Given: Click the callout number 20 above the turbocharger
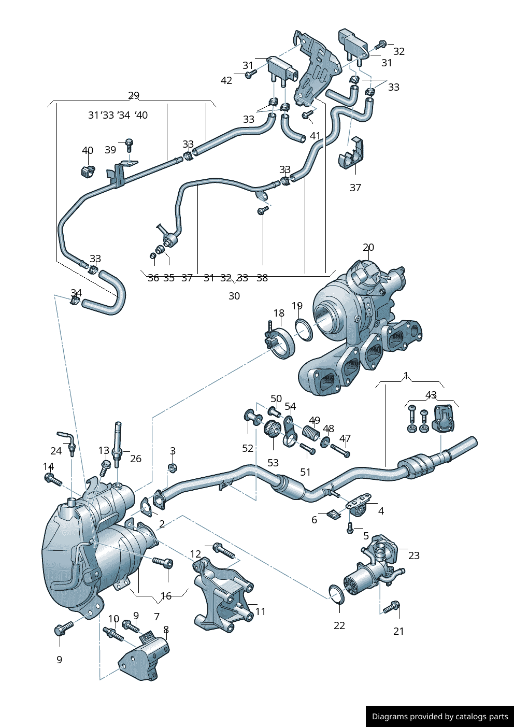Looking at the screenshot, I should click(x=368, y=248).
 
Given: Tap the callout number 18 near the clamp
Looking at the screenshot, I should click(x=279, y=313).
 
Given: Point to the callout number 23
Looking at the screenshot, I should click(x=413, y=555).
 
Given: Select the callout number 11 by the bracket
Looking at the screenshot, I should click(x=260, y=612).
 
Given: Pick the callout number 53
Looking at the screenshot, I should click(x=273, y=463).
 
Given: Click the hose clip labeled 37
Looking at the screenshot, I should click(x=352, y=154).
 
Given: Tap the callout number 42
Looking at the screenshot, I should click(x=226, y=80).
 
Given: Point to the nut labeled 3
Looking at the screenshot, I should click(x=173, y=468).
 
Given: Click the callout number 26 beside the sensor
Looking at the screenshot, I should click(x=136, y=459).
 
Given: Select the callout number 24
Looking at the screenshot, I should click(x=56, y=451).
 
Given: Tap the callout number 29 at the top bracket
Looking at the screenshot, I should click(x=134, y=96).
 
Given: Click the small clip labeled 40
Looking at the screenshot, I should click(x=87, y=170).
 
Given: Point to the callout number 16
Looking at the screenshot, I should click(x=166, y=596).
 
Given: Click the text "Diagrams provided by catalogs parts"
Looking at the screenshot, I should click(x=440, y=717).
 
